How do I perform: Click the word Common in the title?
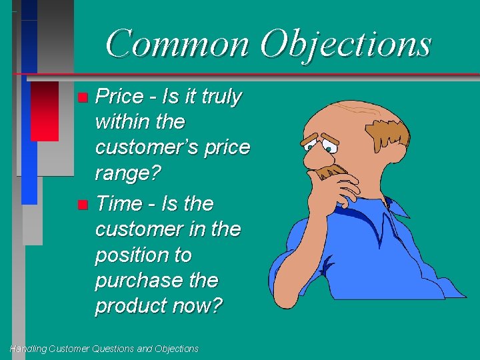(x=177, y=44)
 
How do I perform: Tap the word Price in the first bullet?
(x=120, y=97)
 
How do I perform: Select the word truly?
(x=221, y=97)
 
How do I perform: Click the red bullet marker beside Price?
(x=82, y=97)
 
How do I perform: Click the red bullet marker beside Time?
(x=82, y=203)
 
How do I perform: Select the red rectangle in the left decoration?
(x=45, y=111)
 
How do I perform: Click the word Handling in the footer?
(x=27, y=349)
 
